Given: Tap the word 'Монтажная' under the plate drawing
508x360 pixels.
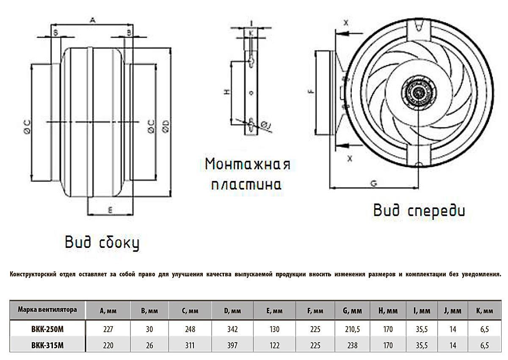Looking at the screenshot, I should [247, 165].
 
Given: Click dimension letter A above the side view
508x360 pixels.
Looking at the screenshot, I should [93, 19].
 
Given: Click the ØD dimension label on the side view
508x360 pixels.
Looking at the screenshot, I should [166, 126].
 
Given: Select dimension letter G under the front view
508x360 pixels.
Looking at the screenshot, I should [373, 183].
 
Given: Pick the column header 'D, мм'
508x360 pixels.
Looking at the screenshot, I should [232, 311].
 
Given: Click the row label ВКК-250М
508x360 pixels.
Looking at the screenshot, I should [47, 329].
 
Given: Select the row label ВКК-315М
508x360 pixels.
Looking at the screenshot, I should [47, 345].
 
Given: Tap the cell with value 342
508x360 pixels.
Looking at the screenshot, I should [232, 329].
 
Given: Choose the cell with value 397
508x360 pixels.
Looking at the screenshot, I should [232, 345].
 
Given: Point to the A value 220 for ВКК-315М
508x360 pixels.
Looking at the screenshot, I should [108, 345].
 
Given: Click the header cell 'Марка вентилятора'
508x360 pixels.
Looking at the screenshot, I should [47, 310].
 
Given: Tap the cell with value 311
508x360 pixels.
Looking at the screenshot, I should [190, 345].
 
